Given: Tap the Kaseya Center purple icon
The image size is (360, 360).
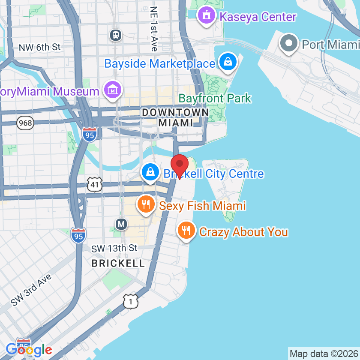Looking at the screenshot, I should click(207, 16).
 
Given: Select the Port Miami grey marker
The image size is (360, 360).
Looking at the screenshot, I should click(288, 43).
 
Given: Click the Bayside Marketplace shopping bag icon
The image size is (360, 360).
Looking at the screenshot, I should click(228, 62).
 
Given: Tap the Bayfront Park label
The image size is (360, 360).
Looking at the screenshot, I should click(215, 98).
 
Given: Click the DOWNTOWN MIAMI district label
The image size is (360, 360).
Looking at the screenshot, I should click(175, 117).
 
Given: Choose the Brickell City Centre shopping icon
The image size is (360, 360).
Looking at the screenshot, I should click(150, 172).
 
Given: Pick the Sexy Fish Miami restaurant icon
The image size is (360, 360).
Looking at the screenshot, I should click(146, 204).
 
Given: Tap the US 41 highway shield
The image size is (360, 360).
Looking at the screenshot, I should click(94, 184).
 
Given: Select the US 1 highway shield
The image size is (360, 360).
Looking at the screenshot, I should click(131, 301).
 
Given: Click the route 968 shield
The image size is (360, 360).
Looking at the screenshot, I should click(25, 123).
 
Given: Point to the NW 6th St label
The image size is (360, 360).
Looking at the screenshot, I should click(40, 47).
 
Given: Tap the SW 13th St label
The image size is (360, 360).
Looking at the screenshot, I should click(114, 248).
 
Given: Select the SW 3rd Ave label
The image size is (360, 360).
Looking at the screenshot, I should click(31, 290).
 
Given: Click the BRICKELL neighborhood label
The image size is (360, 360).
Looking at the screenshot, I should click(118, 263).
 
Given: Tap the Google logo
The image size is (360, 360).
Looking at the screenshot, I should click(29, 350).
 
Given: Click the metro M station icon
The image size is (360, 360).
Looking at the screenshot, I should click(122, 224).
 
